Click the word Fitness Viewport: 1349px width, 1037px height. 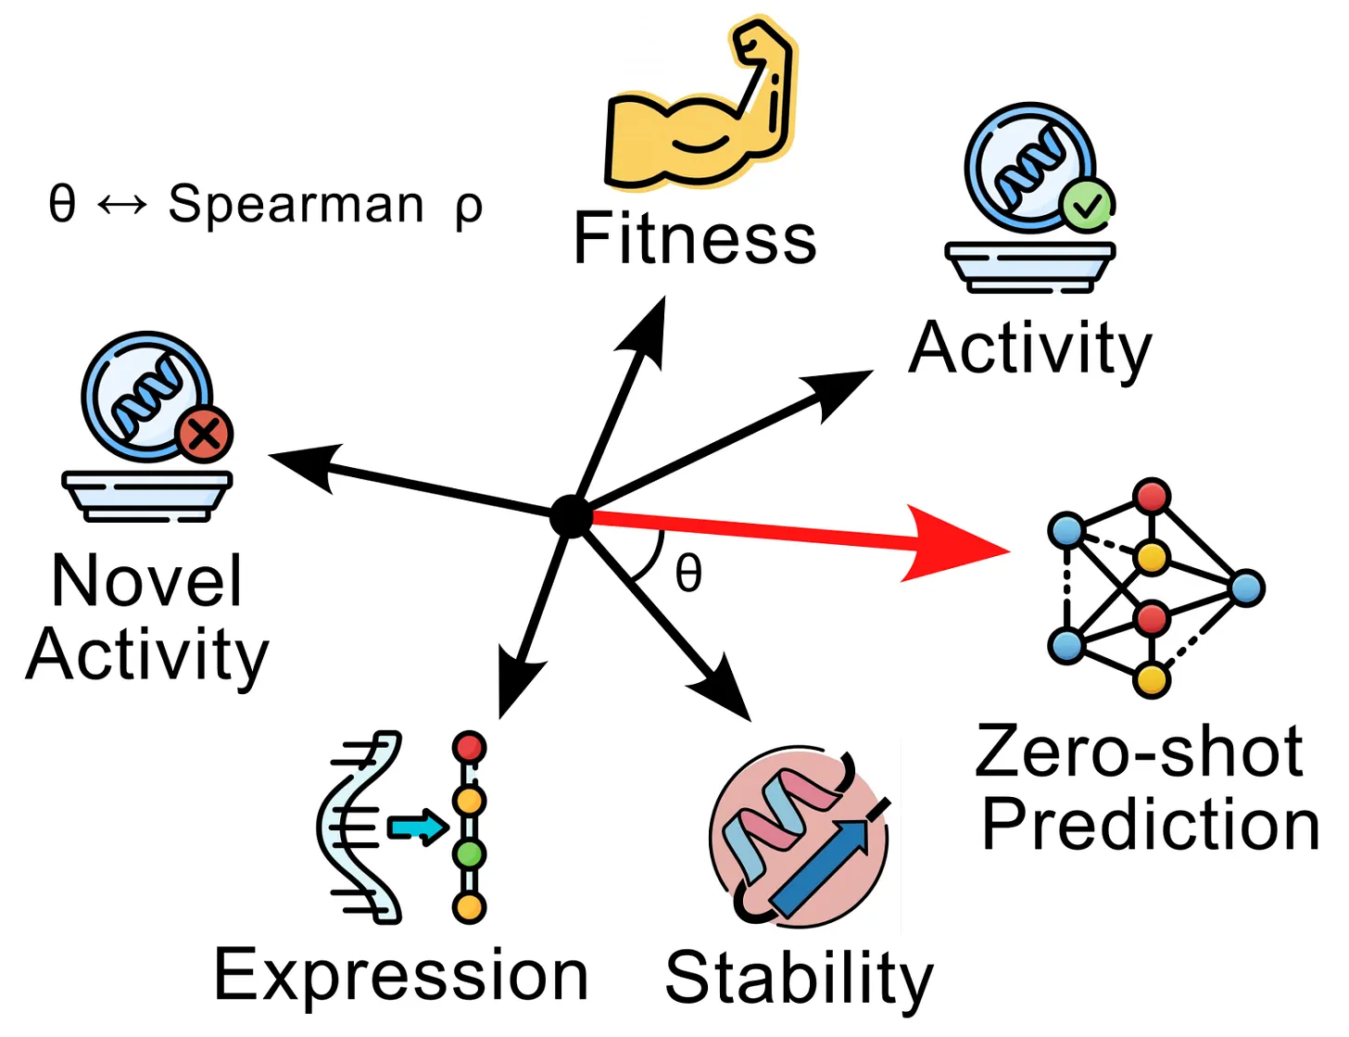[x=694, y=238]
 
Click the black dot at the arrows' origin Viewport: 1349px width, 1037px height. [x=571, y=516]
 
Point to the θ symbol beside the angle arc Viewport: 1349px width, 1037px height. [x=688, y=573]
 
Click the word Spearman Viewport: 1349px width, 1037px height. [x=296, y=205]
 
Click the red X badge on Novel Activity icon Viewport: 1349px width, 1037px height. [x=204, y=434]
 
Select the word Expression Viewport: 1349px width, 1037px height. [x=401, y=976]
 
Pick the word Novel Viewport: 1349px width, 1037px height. [x=147, y=581]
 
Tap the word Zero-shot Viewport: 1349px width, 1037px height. [x=1140, y=752]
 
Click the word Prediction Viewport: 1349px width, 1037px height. [x=1151, y=825]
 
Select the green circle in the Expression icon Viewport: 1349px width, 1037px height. [x=470, y=854]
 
